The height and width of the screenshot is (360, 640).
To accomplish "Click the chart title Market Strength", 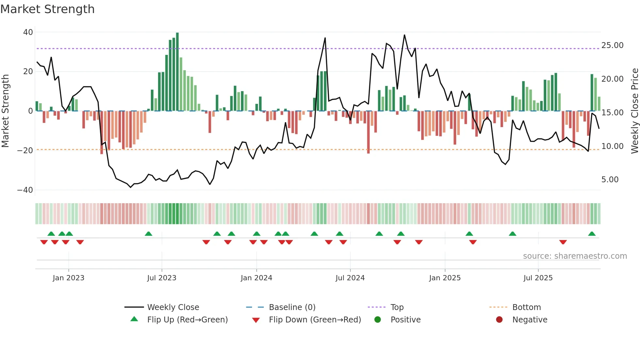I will [47, 9].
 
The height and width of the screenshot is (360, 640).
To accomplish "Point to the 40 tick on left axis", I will [28, 32].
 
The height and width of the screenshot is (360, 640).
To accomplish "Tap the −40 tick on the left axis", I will [25, 190].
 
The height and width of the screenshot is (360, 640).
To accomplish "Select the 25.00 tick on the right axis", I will [612, 45].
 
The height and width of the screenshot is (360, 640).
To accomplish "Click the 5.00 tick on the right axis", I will [610, 180].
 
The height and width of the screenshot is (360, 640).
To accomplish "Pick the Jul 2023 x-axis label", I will [162, 278].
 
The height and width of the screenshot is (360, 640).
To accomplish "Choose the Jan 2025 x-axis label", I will [445, 278].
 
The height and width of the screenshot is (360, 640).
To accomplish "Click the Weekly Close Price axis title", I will [634, 111].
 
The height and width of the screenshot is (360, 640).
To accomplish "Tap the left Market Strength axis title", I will [6, 111].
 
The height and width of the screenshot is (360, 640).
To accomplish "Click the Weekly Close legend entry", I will [173, 307].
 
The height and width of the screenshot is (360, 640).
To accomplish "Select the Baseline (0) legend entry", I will [292, 307].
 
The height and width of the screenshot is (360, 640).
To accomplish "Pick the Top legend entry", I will [397, 307].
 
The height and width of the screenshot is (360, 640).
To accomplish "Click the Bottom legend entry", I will [526, 307].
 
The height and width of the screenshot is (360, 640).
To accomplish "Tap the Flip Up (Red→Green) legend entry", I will [187, 320].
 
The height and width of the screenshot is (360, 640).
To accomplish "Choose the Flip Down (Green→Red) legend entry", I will [315, 320].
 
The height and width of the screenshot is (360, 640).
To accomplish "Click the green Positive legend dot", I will [378, 320].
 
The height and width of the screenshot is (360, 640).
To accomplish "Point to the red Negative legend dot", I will [499, 320].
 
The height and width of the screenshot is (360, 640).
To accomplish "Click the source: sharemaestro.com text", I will [575, 256].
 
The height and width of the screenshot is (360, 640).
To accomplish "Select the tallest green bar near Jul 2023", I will [177, 72].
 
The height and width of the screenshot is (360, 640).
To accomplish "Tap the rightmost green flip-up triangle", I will [592, 234].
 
